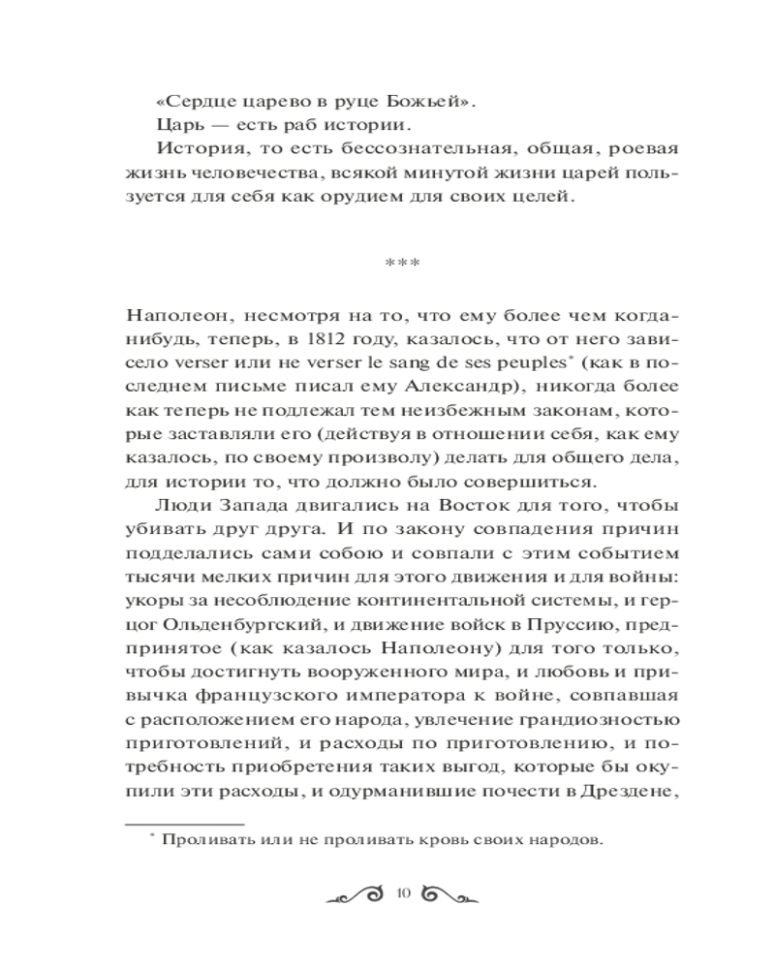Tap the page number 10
[x=405, y=893]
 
